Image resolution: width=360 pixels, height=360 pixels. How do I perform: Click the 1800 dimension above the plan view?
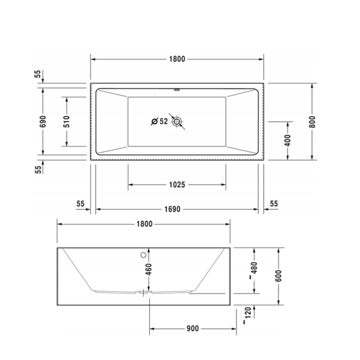point(176,59)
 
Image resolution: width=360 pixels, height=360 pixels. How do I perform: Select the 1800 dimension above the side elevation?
point(144,224)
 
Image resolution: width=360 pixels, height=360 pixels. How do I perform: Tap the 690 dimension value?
point(43,121)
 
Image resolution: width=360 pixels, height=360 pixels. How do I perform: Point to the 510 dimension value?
point(66,121)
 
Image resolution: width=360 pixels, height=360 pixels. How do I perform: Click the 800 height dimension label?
point(312,121)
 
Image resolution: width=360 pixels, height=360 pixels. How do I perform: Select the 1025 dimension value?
point(176,184)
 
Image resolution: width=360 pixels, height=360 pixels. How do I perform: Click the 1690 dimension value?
point(176,209)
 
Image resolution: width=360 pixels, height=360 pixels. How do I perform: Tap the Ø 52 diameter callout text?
point(159,121)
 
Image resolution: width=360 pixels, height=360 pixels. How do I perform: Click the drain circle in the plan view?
point(177,121)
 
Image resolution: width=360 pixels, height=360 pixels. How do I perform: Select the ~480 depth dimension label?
point(252,270)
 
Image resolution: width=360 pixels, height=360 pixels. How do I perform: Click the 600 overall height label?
point(278,276)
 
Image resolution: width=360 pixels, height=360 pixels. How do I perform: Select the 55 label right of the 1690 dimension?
point(274,204)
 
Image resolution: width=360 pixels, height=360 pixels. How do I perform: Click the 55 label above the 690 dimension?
point(38,74)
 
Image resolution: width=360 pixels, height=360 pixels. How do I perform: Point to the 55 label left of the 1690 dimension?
point(80,204)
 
